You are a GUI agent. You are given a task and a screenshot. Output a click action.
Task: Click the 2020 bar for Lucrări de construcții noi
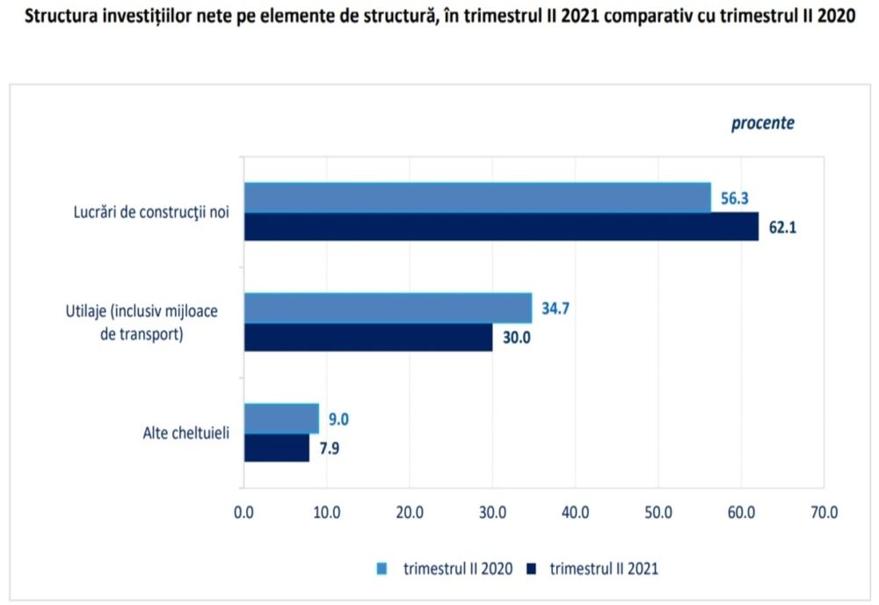[x=476, y=197]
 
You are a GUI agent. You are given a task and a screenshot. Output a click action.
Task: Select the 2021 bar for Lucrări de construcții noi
[x=501, y=227]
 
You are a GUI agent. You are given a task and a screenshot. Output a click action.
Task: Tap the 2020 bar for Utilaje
[x=388, y=308]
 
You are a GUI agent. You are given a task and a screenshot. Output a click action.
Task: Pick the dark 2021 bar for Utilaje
[x=367, y=338]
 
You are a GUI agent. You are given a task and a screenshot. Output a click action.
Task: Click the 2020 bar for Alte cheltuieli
[x=281, y=419]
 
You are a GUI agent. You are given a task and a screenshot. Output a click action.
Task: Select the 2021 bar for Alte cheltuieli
[x=277, y=448]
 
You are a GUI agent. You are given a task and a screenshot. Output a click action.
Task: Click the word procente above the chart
[x=762, y=123]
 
